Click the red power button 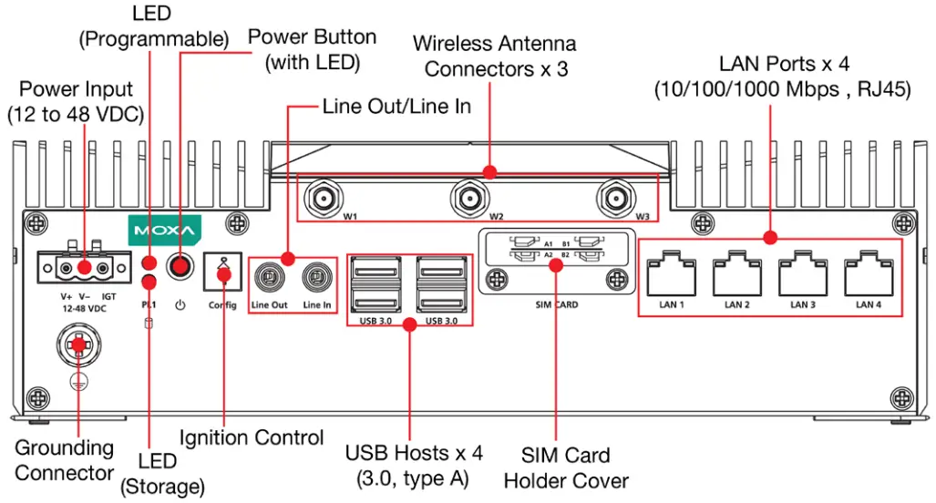pyautogui.click(x=182, y=267)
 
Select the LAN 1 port pyautogui.click(x=671, y=272)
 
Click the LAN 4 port pyautogui.click(x=869, y=272)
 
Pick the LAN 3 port pyautogui.click(x=802, y=272)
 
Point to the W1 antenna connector pyautogui.click(x=322, y=197)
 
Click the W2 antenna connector pyautogui.click(x=469, y=197)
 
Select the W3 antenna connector pyautogui.click(x=617, y=197)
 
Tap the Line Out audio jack pyautogui.click(x=268, y=277)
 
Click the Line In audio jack pyautogui.click(x=316, y=277)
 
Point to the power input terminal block pyautogui.click(x=83, y=268)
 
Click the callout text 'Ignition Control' pyautogui.click(x=252, y=437)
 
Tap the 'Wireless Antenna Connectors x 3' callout pyautogui.click(x=495, y=56)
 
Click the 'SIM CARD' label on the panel pyautogui.click(x=557, y=305)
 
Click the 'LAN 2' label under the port pyautogui.click(x=736, y=304)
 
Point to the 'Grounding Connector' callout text pyautogui.click(x=64, y=460)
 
